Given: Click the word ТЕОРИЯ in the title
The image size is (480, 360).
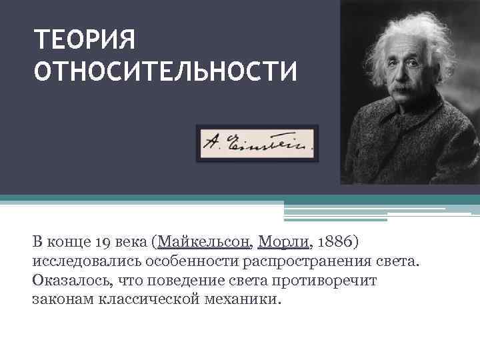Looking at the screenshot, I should click(x=85, y=39).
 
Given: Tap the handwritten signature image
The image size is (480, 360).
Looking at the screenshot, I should click(x=257, y=143).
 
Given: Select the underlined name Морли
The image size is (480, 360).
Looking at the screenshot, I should click(x=283, y=240).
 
